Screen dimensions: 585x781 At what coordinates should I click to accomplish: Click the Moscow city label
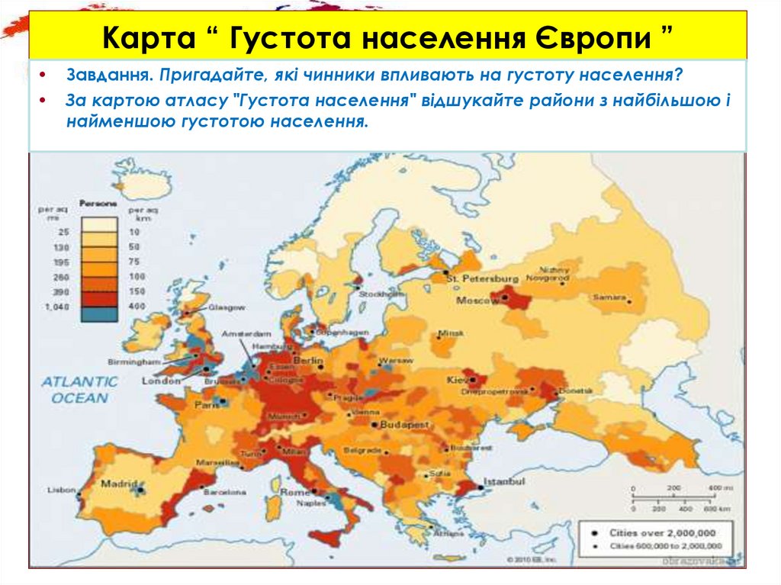[x=477, y=301]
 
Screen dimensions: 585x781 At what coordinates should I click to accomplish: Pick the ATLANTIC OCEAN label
[x=80, y=389]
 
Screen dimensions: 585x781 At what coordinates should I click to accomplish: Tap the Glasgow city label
[x=227, y=307]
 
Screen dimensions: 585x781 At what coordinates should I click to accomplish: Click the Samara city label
[x=611, y=297]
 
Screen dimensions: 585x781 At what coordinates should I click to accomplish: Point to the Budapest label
[x=403, y=423]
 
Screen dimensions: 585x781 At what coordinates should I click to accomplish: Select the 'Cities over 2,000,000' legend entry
[x=661, y=532]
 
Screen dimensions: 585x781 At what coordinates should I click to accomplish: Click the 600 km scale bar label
[x=713, y=508]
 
